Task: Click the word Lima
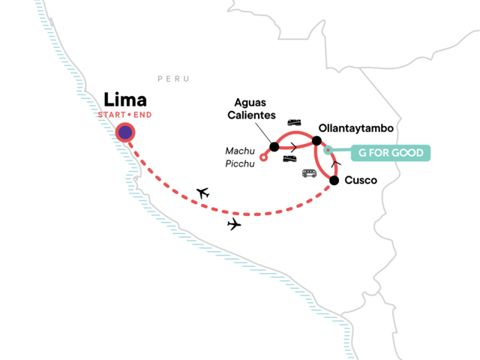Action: tap(126, 100)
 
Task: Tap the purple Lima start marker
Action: tap(125, 132)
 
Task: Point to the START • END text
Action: tap(126, 115)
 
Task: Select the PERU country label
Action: tap(173, 78)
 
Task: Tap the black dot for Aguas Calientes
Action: tap(274, 148)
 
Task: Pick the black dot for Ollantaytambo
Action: tap(316, 140)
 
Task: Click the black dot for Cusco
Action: tap(334, 180)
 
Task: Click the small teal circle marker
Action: tap(328, 151)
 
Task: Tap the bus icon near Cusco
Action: tap(309, 173)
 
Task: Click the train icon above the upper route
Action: tap(294, 122)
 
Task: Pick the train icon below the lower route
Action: tap(289, 158)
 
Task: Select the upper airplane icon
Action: tap(202, 193)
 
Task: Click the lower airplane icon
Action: tap(234, 223)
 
